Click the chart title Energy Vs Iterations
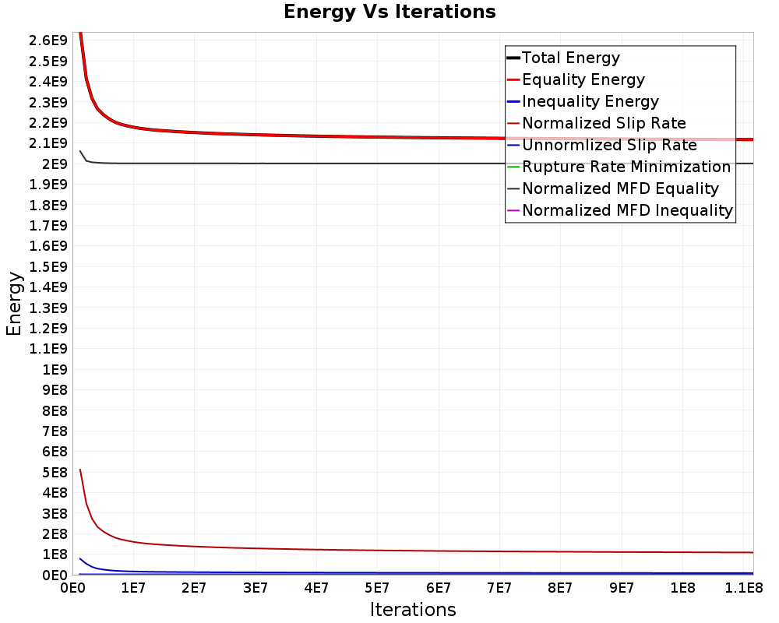pyautogui.click(x=389, y=12)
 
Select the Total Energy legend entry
pyautogui.click(x=563, y=58)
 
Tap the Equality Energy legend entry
pyautogui.click(x=576, y=79)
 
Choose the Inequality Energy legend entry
pyautogui.click(x=583, y=101)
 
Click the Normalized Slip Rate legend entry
pyautogui.click(x=596, y=123)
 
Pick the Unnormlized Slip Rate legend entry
pyautogui.click(x=601, y=145)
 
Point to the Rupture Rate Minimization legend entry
pyautogui.click(x=619, y=167)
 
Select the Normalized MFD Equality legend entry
pyautogui.click(x=612, y=188)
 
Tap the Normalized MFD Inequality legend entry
pyautogui.click(x=619, y=210)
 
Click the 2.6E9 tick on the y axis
pyautogui.click(x=48, y=40)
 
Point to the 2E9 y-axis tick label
pyautogui.click(x=55, y=164)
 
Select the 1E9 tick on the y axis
pyautogui.click(x=55, y=370)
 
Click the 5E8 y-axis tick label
pyautogui.click(x=55, y=473)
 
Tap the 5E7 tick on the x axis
pyautogui.click(x=377, y=588)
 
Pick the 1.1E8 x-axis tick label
pyautogui.click(x=744, y=588)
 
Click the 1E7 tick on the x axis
pyautogui.click(x=133, y=588)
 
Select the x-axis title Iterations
pyautogui.click(x=413, y=610)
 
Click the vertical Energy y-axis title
pyautogui.click(x=14, y=304)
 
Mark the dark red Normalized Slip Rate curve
pyautogui.click(x=378, y=551)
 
